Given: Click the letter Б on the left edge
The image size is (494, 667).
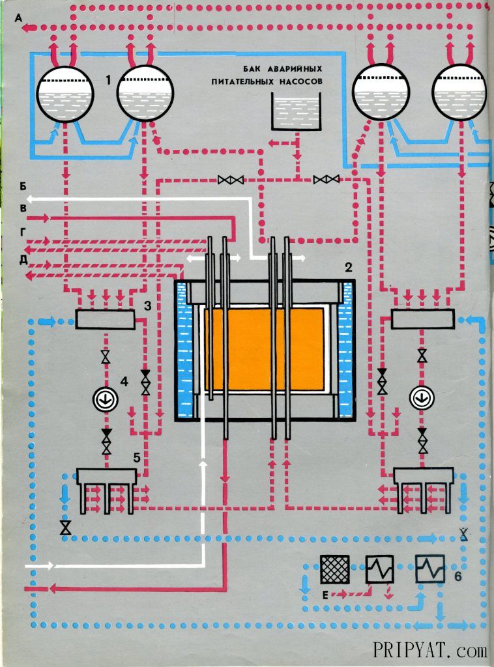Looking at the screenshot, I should click(23, 186).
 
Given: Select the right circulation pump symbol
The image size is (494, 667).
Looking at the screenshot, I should click(422, 397).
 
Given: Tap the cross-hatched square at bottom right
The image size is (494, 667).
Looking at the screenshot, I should click(334, 570).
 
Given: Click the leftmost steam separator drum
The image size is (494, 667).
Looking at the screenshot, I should click(61, 95).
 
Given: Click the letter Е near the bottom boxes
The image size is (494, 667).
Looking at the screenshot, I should click(325, 594).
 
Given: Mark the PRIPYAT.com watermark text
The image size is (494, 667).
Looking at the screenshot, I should click(430, 650).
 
